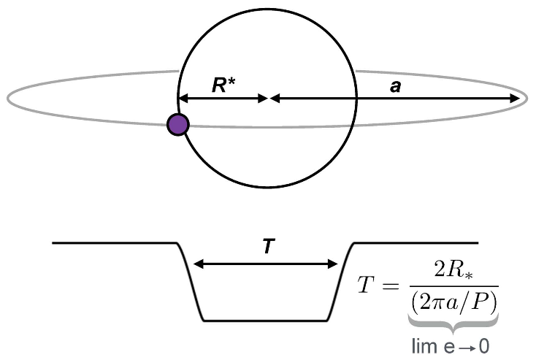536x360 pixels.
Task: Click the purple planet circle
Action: [177, 125]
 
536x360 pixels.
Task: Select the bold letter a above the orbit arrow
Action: [395, 86]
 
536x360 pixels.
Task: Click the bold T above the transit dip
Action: [267, 247]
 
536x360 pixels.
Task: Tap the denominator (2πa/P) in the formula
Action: [454, 300]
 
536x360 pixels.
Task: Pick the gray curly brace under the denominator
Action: [454, 321]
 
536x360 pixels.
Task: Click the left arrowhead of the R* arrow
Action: [183, 98]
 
